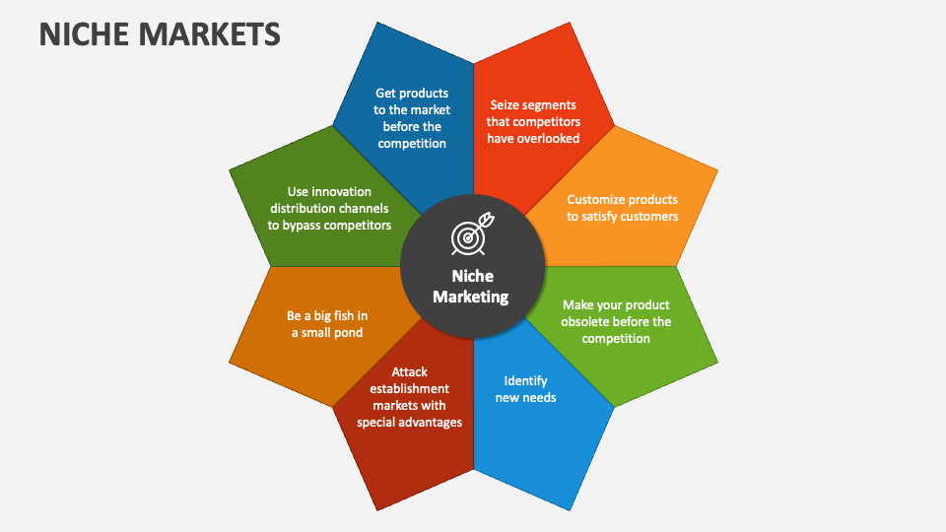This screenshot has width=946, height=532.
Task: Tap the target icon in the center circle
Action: (470, 234)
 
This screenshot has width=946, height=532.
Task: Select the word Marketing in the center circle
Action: (471, 297)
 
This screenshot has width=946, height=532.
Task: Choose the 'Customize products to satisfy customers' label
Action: (622, 208)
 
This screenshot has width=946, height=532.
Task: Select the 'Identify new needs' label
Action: (525, 389)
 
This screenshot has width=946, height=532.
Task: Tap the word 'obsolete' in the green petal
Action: (588, 321)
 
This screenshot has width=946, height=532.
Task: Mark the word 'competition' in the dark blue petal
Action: (411, 144)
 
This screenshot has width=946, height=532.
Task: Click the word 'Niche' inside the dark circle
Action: (472, 276)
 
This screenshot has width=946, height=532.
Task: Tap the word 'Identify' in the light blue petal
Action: (525, 380)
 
